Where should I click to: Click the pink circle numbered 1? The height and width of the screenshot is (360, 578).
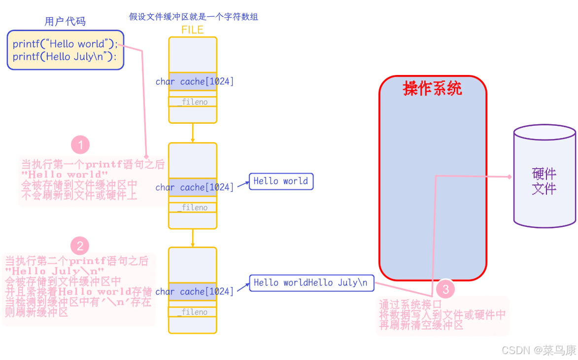[80, 145]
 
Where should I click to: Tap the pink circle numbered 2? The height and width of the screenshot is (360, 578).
[80, 246]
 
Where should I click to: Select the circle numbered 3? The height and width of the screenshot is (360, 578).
[445, 289]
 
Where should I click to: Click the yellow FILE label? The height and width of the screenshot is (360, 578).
[192, 30]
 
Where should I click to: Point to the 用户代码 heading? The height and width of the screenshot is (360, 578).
[65, 21]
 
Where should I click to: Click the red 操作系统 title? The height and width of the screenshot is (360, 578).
[433, 89]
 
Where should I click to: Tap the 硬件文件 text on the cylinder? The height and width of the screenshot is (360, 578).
[544, 181]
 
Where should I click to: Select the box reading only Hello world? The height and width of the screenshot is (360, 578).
[281, 181]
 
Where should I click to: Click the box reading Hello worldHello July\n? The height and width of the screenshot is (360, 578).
[311, 283]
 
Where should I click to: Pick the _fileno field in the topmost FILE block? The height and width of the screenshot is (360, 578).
[193, 102]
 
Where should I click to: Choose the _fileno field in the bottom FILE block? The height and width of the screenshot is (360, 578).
[193, 312]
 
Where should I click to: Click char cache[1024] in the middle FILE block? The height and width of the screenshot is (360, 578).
[195, 187]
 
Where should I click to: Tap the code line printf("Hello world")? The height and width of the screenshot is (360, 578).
[65, 44]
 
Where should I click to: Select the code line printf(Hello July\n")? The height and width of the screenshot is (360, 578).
[65, 57]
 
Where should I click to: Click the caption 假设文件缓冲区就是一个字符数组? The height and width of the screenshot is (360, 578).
[194, 17]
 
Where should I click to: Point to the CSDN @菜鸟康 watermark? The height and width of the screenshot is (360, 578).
[539, 350]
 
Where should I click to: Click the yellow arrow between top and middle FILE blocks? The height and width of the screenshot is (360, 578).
[193, 133]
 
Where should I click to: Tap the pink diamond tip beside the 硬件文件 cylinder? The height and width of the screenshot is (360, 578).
[510, 177]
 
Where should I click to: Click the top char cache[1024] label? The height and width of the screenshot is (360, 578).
[195, 81]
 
